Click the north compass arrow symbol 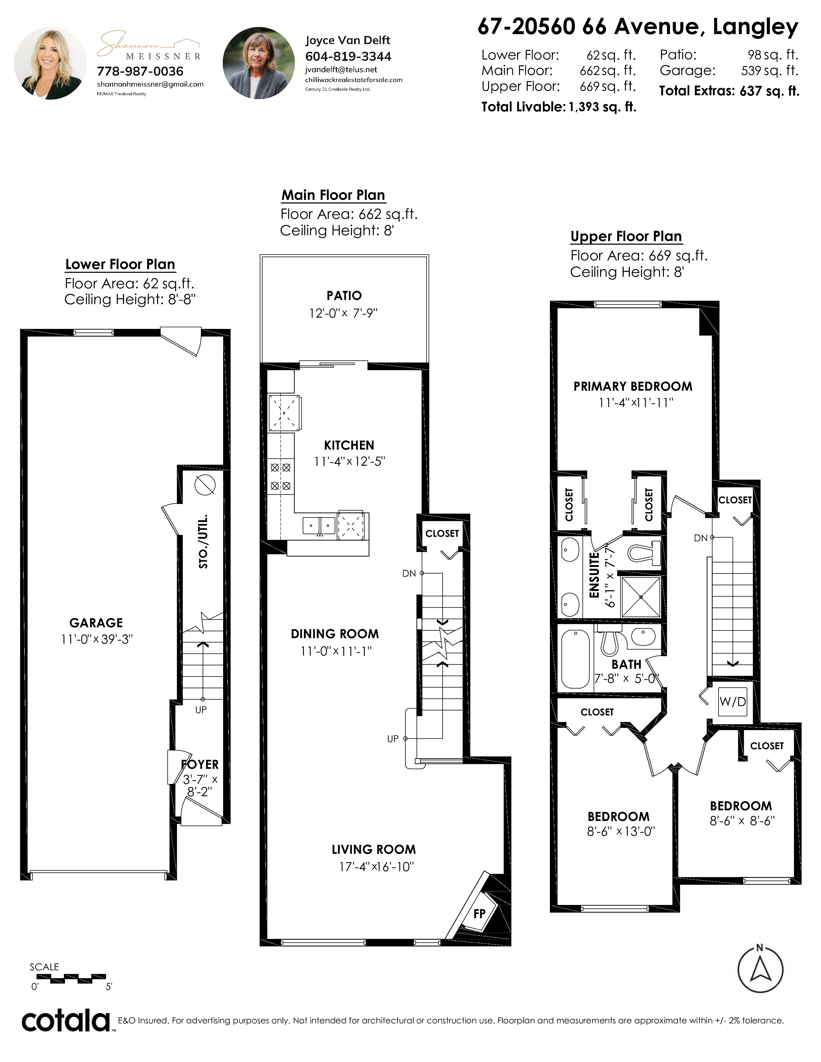pyautogui.click(x=760, y=970)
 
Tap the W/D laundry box pyautogui.click(x=732, y=701)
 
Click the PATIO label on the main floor pyautogui.click(x=344, y=296)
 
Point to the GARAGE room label pyautogui.click(x=96, y=623)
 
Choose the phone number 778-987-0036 pyautogui.click(x=140, y=71)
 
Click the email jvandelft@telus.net pyautogui.click(x=341, y=70)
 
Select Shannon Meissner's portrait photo pyautogui.click(x=50, y=63)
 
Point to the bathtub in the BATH pyautogui.click(x=575, y=658)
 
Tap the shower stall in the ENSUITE pyautogui.click(x=641, y=597)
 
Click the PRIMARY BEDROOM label pyautogui.click(x=633, y=387)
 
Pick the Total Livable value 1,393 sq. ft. pyautogui.click(x=603, y=107)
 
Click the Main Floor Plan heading pyautogui.click(x=333, y=195)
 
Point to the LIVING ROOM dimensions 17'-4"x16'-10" pyautogui.click(x=376, y=867)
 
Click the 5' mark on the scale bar pyautogui.click(x=109, y=987)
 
